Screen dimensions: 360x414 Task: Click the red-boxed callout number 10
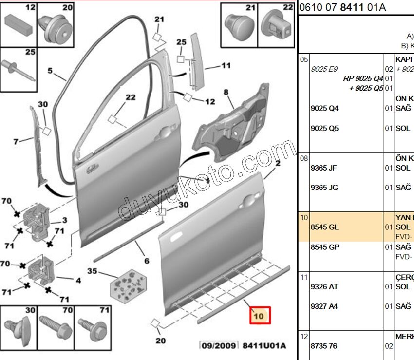point(258,316)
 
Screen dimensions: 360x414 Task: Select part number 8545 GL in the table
point(324,227)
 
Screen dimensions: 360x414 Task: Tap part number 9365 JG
point(324,188)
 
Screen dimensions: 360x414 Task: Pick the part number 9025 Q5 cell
point(324,129)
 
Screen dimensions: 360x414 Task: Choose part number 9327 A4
point(324,306)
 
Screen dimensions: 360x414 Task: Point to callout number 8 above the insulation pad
point(226,92)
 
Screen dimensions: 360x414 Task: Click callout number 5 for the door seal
point(50,71)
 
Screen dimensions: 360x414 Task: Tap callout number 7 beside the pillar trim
point(16,142)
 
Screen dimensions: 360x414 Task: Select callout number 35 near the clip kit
point(92,271)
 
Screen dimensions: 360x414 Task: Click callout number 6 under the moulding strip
point(146,261)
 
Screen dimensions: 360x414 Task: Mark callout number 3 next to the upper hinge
point(64,221)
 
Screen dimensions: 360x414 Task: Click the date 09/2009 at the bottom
point(219,346)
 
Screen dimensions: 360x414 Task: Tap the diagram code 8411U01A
point(264,346)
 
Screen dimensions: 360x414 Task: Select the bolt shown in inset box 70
point(56,328)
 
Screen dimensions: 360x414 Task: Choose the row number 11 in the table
point(304,277)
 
